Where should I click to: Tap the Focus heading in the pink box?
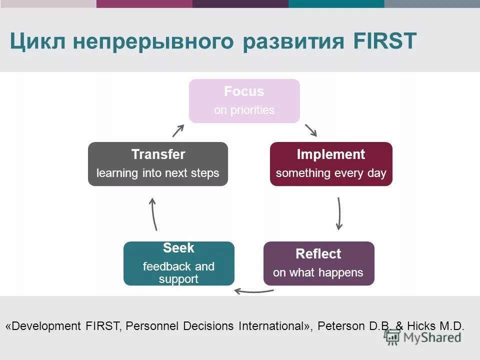(244, 91)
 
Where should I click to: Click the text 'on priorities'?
(244, 110)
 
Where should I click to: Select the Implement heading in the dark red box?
(331, 154)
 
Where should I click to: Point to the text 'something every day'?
(331, 173)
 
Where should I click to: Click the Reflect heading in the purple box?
(318, 254)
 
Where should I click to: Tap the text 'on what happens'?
(318, 273)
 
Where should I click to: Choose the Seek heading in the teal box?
(178, 248)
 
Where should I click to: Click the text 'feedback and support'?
(178, 272)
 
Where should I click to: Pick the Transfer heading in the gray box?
(158, 154)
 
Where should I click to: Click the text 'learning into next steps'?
(158, 173)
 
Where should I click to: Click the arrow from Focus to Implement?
(311, 130)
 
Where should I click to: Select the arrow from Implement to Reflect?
(339, 213)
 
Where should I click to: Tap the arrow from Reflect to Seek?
(254, 291)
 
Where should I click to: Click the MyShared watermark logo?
(423, 337)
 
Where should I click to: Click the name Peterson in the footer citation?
(341, 326)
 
